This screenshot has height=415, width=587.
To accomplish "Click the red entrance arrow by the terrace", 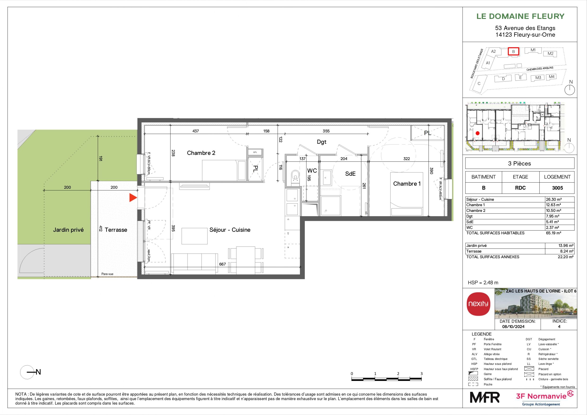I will [x=133, y=198].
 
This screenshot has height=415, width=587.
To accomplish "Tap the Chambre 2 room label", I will [x=201, y=153].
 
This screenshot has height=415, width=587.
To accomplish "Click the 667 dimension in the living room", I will [x=222, y=264].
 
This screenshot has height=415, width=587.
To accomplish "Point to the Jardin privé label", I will [x=68, y=230].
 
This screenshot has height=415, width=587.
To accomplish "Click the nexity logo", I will [x=478, y=304].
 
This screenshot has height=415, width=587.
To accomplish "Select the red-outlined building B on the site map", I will [x=513, y=51].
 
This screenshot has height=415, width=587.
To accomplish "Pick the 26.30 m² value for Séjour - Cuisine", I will [x=553, y=199].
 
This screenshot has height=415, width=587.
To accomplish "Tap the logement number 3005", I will [x=557, y=188].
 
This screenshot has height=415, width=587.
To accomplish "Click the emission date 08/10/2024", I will [x=513, y=327].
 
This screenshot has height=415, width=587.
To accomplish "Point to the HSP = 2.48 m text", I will [x=483, y=283].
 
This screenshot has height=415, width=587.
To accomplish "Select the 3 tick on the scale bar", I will [x=421, y=374].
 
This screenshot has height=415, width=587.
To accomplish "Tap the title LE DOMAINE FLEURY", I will [x=520, y=16].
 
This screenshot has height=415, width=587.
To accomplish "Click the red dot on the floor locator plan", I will [x=477, y=133].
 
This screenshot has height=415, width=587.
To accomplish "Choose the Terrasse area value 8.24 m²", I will [x=567, y=251].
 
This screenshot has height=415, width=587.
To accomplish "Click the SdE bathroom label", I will [x=350, y=174].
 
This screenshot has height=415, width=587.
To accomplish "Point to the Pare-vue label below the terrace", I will [x=107, y=274].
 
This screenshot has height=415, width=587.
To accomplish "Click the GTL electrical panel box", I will [x=255, y=152].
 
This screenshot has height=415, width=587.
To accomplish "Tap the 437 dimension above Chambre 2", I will [x=196, y=131].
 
